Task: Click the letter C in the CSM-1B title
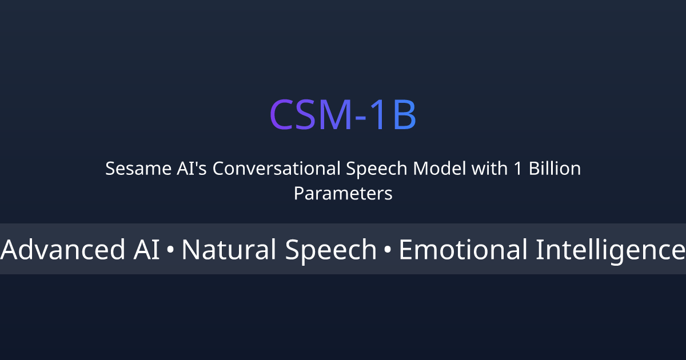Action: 282,115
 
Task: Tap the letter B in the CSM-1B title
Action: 404,115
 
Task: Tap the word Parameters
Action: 343,194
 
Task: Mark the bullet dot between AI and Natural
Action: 170,251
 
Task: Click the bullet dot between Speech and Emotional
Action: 387,251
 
